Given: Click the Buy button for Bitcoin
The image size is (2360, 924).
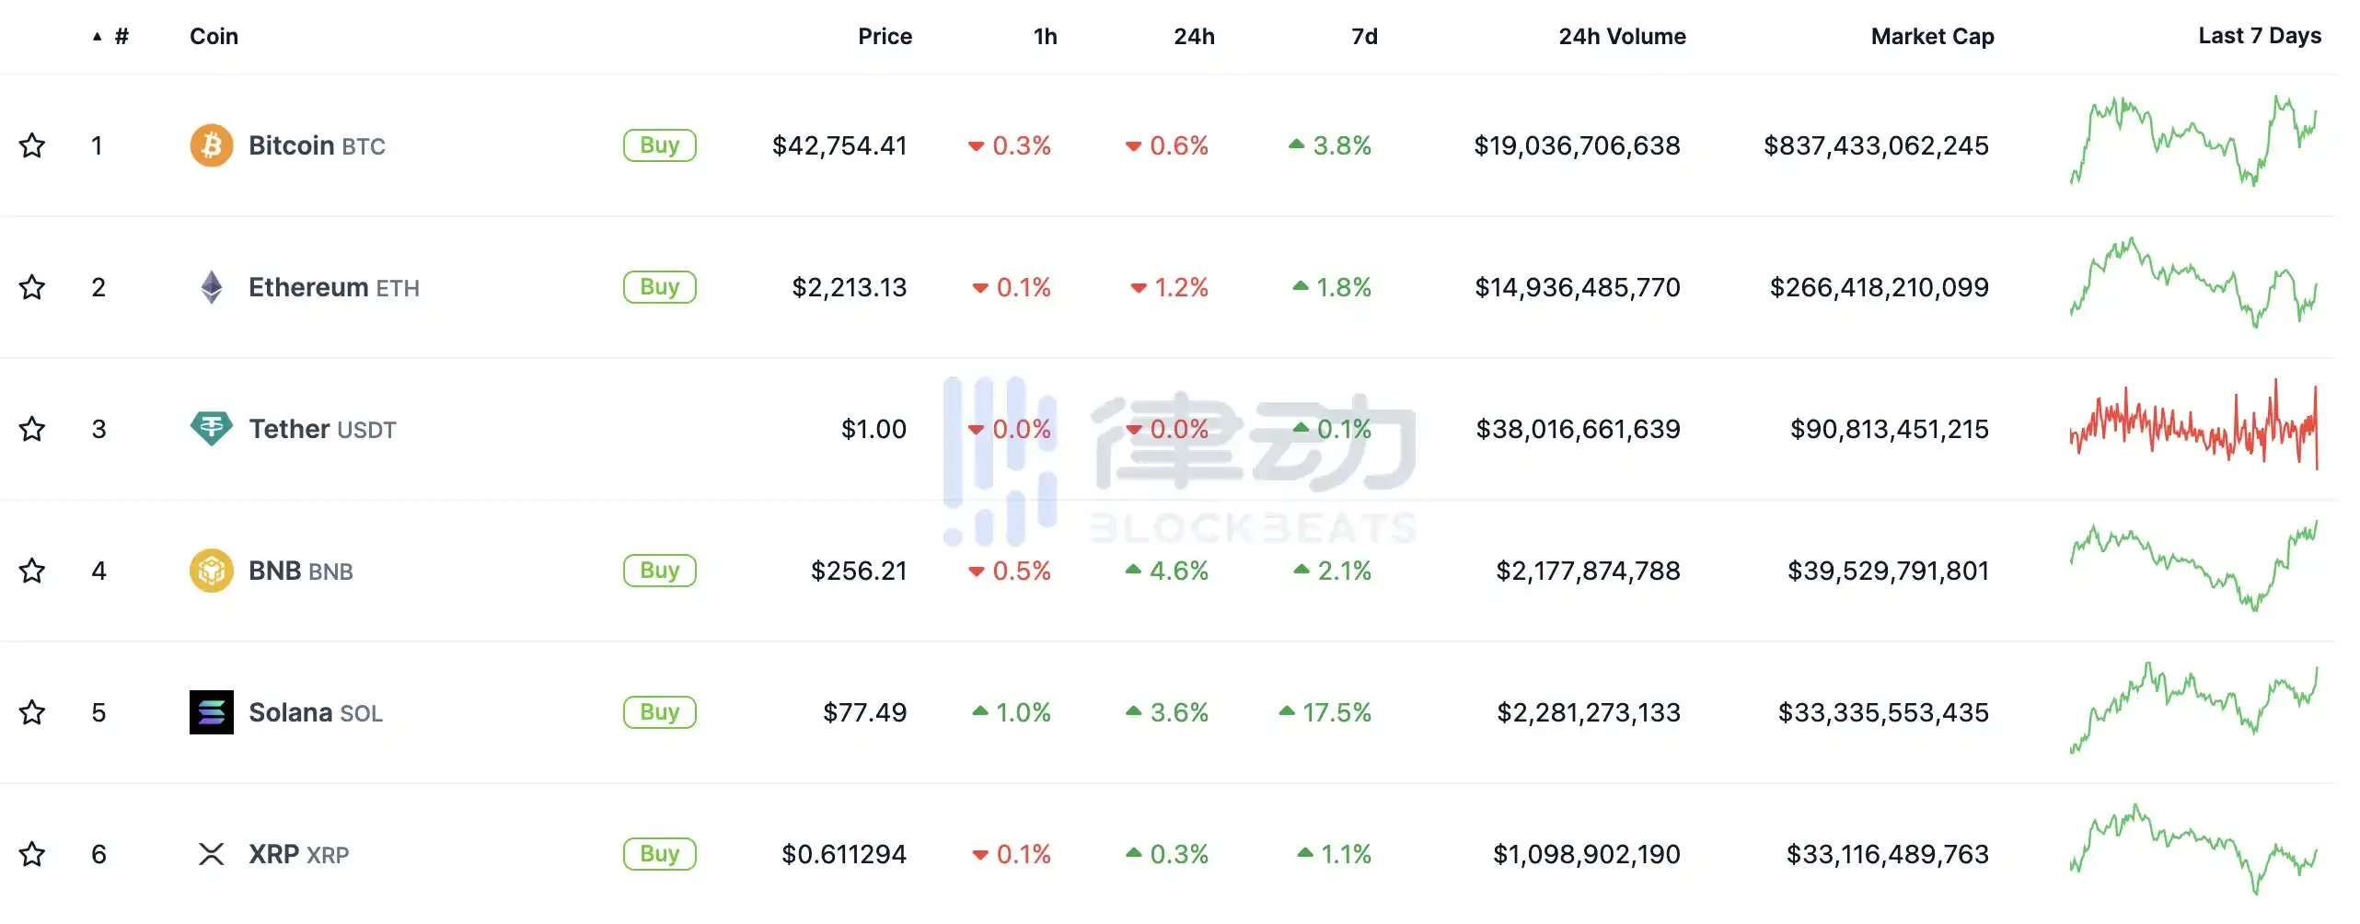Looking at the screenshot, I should coord(659,145).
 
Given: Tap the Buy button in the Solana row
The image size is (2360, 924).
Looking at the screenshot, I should coord(659,712).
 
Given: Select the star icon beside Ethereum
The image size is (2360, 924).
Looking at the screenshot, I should coord(32,287).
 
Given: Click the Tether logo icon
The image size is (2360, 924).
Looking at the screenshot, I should coord(211,429).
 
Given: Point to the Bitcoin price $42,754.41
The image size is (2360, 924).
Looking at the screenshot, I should coord(839,145).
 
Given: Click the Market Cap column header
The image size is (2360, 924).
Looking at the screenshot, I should coord(1932,37).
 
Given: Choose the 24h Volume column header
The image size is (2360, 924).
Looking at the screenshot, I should coord(1622,37).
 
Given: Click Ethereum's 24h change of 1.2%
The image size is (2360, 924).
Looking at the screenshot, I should coord(1170,287).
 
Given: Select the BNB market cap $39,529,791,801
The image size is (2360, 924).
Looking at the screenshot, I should coord(1888,571).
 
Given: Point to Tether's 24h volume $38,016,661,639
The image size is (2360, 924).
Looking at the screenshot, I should coord(1578,429).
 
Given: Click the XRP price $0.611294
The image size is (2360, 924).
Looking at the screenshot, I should coord(844,854).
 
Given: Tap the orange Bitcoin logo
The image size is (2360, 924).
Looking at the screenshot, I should coord(211,145).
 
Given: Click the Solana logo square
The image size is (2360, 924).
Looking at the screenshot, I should coord(211,712).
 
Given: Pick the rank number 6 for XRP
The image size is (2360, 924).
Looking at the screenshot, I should coord(98,854).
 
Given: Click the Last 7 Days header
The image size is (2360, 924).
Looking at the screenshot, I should coord(2260,36).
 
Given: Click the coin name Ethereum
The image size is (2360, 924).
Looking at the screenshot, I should coord(308,287).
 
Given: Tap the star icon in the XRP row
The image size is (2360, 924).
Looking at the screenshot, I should coord(32,854).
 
